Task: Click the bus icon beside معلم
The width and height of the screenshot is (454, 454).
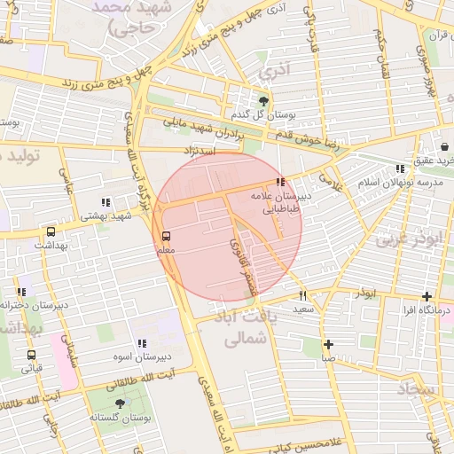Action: tap(166, 236)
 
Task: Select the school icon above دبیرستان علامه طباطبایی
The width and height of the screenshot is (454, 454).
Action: tap(281, 182)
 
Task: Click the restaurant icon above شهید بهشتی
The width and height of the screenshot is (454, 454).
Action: tap(106, 202)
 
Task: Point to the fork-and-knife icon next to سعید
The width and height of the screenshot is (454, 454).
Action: tap(302, 294)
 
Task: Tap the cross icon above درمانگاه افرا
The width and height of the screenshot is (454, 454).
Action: tap(427, 296)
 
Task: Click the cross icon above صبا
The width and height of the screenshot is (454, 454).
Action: tap(328, 344)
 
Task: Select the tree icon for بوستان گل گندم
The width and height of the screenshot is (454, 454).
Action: tap(262, 100)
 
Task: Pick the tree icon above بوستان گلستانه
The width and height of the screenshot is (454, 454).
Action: tap(121, 403)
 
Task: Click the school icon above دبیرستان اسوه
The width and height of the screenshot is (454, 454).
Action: tap(141, 343)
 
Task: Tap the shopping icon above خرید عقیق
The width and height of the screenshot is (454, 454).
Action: tap(443, 147)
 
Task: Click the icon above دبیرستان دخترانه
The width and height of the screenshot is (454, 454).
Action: tap(20, 292)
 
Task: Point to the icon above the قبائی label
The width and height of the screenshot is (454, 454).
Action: tap(31, 354)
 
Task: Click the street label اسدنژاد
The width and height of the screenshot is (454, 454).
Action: tap(200, 152)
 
